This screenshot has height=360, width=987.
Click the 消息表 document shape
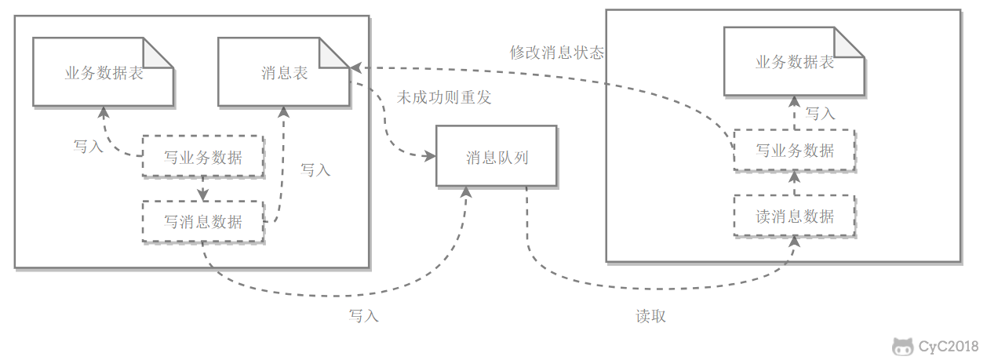[x=283, y=72]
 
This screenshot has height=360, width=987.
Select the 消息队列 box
[x=497, y=156]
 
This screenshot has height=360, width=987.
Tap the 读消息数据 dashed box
[x=794, y=216]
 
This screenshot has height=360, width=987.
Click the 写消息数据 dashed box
[x=202, y=221]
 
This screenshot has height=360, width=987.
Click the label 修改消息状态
[x=557, y=53]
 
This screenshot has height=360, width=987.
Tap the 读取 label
[x=650, y=316]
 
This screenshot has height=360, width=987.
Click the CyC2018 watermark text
[x=952, y=346]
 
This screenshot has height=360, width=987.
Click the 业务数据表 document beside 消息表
[x=103, y=72]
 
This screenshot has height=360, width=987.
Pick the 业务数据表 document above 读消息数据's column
[x=794, y=63]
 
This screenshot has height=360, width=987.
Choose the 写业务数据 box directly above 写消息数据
[x=202, y=156]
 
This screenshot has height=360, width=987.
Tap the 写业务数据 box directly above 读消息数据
[x=794, y=150]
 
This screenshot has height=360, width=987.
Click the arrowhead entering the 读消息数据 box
[x=794, y=241]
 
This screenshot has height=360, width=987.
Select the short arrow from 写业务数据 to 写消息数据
[x=202, y=188]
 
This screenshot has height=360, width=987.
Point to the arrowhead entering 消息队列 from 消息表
[x=429, y=156]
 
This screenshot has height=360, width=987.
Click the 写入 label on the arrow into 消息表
[x=315, y=169]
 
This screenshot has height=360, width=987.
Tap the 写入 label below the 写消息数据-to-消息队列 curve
[x=363, y=316]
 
